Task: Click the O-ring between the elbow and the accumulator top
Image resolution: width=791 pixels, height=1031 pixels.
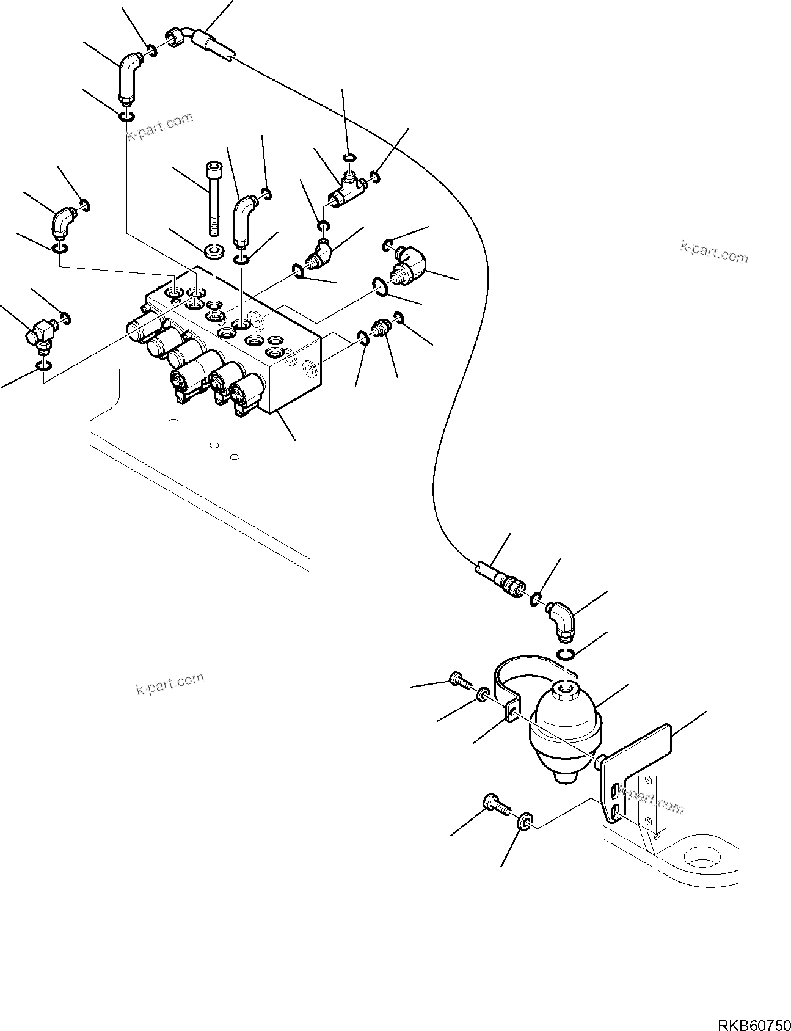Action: (566, 654)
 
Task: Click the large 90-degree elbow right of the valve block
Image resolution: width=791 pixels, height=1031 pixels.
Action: (407, 263)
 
